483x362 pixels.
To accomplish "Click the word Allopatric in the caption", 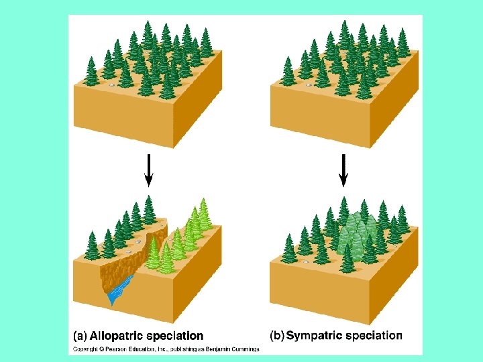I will point(120,335).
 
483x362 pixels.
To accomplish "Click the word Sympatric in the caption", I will point(313,335).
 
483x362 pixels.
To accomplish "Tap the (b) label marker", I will point(277,335).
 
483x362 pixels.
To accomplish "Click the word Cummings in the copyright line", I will point(243,349).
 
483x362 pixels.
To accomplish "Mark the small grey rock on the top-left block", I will point(111,85).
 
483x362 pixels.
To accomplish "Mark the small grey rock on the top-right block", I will point(309,85).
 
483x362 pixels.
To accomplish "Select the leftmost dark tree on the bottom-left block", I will point(92,247).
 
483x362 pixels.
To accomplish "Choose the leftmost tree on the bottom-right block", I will point(289,249).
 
